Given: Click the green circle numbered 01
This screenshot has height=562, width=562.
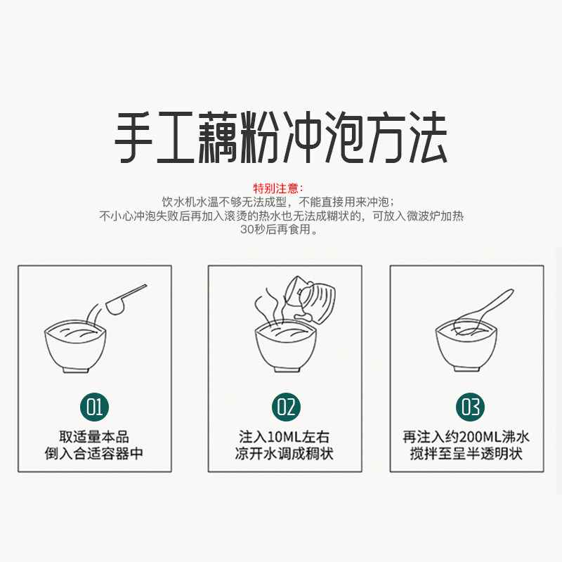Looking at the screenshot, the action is pos(94,407).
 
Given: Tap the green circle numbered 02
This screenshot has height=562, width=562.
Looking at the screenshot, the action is pos(286,407).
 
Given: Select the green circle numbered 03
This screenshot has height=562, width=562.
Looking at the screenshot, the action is pos(470,407).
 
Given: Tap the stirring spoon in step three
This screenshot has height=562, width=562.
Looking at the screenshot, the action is pos(485,309).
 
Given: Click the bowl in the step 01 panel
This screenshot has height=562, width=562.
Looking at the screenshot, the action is pos(75,346).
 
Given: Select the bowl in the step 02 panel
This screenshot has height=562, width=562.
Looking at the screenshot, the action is pos(286,346).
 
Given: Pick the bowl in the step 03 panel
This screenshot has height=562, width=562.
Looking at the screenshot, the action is pos(466,345).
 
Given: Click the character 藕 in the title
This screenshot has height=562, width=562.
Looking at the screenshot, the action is pos(218,137).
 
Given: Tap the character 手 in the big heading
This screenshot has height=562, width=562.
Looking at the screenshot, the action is pos(133,137).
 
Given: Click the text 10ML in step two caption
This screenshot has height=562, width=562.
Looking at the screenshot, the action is pos(285,437).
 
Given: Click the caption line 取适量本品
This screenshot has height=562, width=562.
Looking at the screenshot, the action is pos(94,437).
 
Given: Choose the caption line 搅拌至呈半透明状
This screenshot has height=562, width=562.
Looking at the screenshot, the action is pos(466,453).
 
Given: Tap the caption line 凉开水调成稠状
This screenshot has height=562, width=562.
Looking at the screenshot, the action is pos(285,453).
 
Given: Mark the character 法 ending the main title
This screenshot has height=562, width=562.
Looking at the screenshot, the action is pos(429,137).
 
